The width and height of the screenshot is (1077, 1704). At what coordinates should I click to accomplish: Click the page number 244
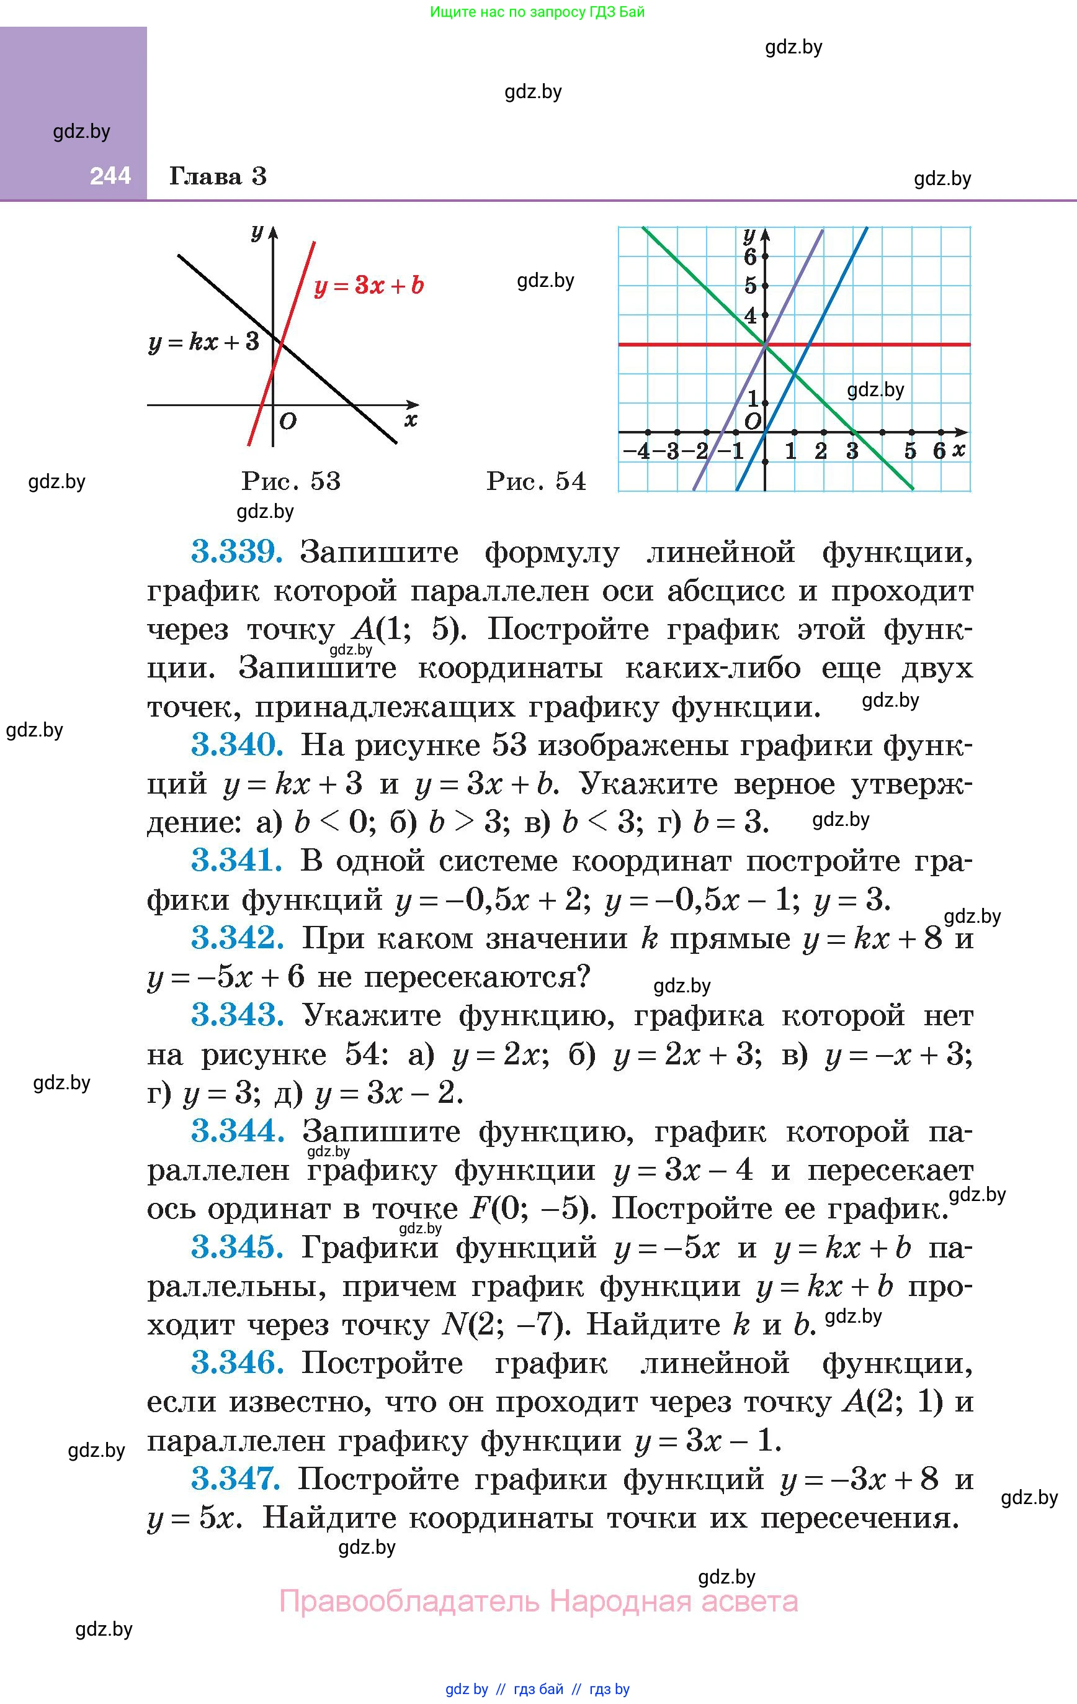coord(110,176)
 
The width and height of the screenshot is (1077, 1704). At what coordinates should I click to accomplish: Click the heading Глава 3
coord(218,176)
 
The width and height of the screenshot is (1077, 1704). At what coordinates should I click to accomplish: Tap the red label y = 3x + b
coord(369,285)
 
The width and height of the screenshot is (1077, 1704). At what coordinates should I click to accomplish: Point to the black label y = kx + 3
coord(204,343)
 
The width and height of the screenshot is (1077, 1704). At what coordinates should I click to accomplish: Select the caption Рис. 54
coord(536,481)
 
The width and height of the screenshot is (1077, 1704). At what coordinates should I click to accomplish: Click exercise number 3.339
coord(237,552)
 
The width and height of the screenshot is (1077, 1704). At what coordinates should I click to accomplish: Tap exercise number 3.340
coord(237,745)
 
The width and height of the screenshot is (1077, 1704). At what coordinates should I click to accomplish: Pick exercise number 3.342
coord(237,938)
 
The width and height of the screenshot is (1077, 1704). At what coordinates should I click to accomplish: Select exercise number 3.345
coord(237,1247)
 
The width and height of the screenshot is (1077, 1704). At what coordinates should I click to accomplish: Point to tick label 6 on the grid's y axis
coord(750,256)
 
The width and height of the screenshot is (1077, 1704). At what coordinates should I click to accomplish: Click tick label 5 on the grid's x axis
coord(910,451)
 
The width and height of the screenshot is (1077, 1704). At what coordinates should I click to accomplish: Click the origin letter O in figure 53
coord(288,422)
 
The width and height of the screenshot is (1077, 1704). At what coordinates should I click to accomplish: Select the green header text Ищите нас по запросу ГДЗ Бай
coord(537,12)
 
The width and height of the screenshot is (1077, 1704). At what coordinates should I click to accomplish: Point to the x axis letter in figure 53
coord(411,420)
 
